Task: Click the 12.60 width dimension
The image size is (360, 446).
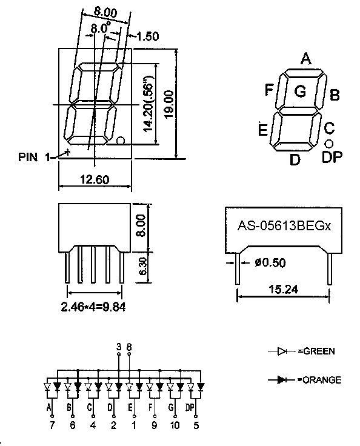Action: [95, 180]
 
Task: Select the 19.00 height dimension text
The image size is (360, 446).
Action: [169, 104]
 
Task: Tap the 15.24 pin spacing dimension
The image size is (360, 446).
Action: [284, 289]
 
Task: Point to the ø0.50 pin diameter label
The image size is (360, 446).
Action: [270, 262]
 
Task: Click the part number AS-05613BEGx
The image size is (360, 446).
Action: [284, 226]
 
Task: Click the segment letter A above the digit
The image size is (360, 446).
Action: [306, 59]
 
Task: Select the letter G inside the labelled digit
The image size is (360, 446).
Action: [301, 92]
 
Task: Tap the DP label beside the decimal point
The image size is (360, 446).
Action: [332, 157]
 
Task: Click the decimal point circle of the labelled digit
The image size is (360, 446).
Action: [329, 144]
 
